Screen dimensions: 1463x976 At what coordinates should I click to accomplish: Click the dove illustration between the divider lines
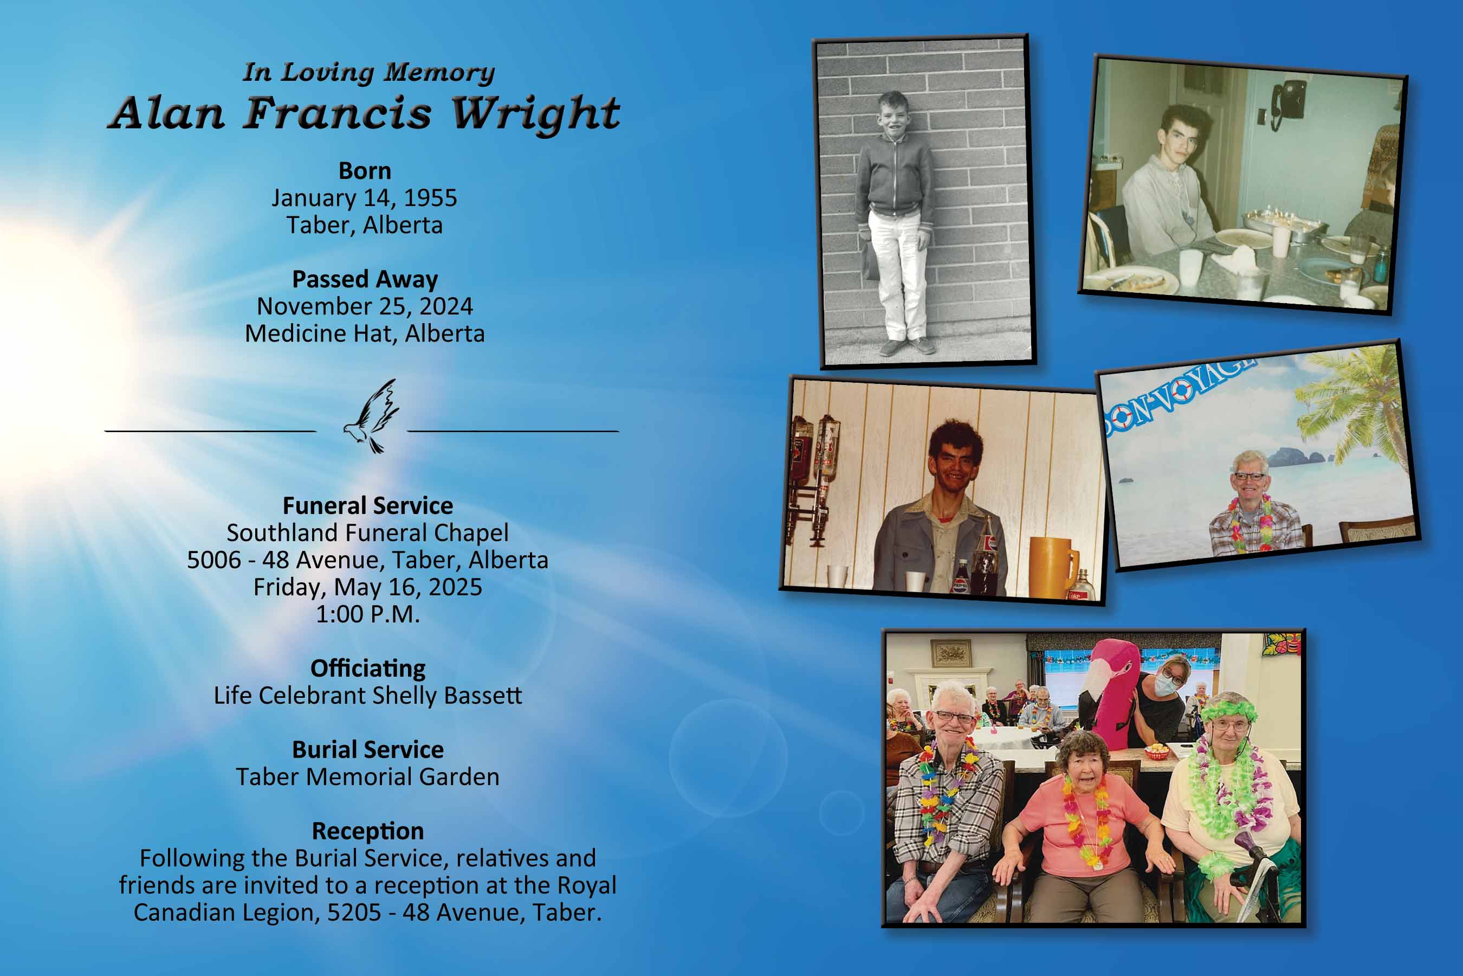tap(371, 416)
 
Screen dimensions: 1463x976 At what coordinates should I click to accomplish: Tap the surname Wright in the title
tap(535, 114)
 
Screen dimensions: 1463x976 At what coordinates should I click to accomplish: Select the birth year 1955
tap(430, 198)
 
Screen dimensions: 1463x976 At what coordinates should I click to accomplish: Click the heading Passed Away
tap(365, 279)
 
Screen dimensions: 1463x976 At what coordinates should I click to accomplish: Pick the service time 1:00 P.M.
tap(367, 614)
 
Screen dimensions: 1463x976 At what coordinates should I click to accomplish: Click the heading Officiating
tap(367, 669)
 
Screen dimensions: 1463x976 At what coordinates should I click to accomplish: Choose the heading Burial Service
tap(367, 750)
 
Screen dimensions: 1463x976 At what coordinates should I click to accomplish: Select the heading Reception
tap(367, 832)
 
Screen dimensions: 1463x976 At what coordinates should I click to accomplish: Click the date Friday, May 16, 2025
tap(367, 588)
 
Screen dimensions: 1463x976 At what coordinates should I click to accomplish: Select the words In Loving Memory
tap(369, 73)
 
